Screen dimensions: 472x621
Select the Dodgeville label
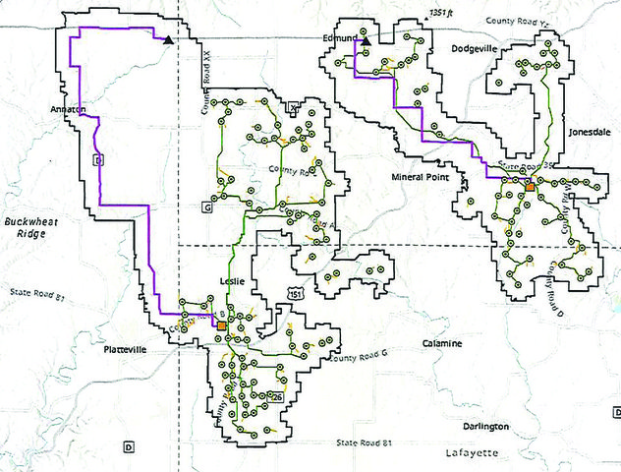point(478,47)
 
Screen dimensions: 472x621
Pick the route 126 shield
point(277,396)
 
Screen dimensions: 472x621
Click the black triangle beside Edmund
point(365,41)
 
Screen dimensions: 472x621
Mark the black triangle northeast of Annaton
point(169,40)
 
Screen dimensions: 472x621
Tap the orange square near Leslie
point(222,325)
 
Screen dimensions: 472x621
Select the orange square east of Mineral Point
point(529,185)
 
